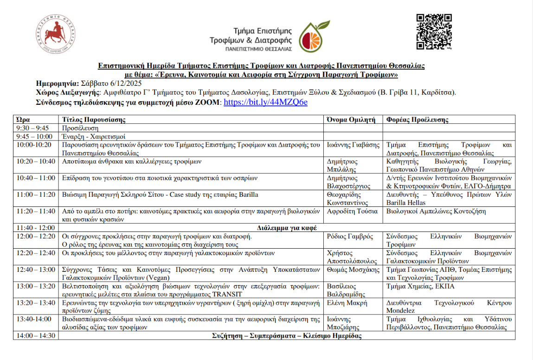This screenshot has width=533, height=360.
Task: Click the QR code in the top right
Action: coord(434,32)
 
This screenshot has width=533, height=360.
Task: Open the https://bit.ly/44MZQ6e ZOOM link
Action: coord(265,102)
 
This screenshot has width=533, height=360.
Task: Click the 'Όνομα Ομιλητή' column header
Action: coord(352,120)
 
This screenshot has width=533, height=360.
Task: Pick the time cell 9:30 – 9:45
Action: coord(32,128)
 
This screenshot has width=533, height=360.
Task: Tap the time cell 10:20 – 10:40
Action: coord(36,161)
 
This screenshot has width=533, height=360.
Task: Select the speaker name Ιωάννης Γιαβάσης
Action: coord(354,145)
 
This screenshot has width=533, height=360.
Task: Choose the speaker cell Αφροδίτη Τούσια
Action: coord(350,211)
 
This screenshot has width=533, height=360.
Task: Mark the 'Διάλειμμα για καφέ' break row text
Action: coord(287,228)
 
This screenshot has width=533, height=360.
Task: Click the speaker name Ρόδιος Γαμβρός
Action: coord(350,236)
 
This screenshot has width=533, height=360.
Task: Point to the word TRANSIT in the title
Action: coord(228,294)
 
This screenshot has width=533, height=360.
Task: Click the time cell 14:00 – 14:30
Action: coord(36,336)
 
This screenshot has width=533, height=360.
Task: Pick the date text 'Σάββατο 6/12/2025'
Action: coord(111,84)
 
